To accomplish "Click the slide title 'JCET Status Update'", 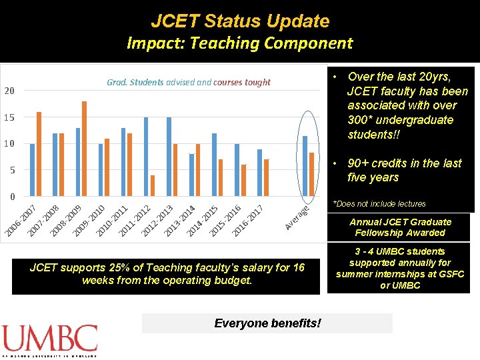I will pos(240,21).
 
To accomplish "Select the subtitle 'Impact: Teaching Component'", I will pos(240,44).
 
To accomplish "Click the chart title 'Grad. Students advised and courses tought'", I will pos(189,83).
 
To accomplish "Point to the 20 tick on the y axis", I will pos(9,91).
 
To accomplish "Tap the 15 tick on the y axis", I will pos(9,117).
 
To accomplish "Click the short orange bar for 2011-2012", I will pos(153,186).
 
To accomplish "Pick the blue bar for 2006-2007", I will pos(32,170).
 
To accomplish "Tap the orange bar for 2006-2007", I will pos(39,154).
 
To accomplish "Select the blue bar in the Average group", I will pos(305,166).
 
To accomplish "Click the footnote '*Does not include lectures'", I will pos(379,204).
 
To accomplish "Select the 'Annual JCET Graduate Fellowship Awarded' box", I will pos(400,227).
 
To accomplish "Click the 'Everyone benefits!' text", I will pos(267,323).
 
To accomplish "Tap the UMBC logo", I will pos(50,339).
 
